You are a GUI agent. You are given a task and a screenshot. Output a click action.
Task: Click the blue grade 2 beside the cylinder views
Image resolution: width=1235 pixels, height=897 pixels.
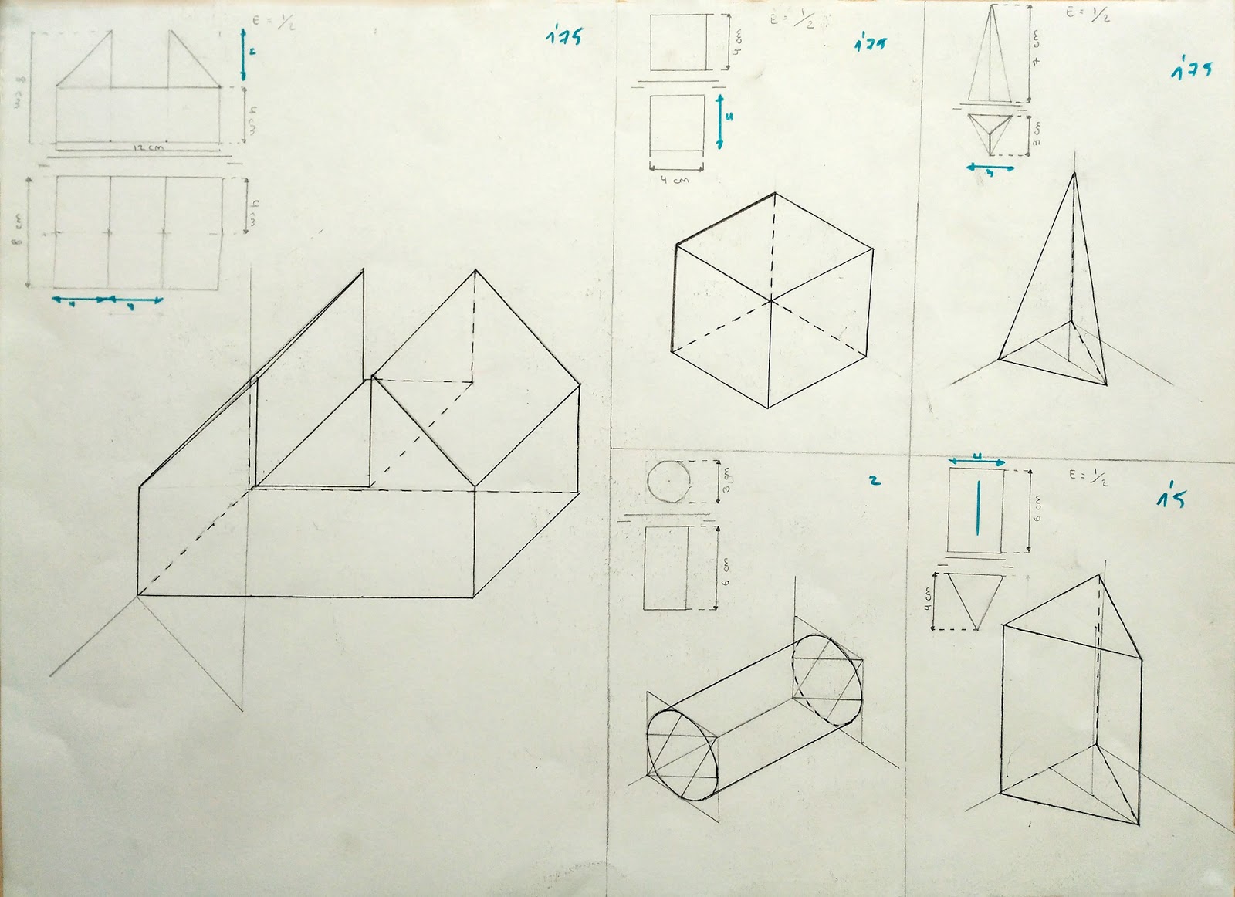pos(874,480)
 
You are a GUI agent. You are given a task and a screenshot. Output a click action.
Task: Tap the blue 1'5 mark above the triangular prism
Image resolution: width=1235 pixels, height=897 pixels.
pos(1170,498)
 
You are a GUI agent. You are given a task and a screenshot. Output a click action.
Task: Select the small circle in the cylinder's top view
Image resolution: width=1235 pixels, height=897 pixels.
pos(668,481)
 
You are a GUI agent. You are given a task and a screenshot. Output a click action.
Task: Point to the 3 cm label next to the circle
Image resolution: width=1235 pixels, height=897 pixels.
pos(726,481)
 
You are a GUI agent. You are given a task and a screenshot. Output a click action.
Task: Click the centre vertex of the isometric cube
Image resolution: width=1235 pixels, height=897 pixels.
pos(771,300)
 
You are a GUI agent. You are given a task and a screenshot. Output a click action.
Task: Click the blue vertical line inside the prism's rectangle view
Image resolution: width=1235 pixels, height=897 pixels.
pos(978,507)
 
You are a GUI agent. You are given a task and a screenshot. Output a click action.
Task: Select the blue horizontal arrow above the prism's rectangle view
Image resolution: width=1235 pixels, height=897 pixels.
pos(976,461)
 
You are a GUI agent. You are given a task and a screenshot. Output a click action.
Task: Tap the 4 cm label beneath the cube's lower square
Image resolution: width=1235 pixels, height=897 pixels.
pos(675,180)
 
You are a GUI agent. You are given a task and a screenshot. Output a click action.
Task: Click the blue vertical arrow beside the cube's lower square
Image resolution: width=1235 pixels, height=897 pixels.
pos(720,120)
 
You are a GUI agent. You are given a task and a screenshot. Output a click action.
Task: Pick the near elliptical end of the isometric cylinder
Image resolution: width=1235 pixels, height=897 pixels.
pos(682,754)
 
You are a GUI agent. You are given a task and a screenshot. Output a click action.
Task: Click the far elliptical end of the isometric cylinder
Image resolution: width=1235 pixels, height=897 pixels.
pos(827,679)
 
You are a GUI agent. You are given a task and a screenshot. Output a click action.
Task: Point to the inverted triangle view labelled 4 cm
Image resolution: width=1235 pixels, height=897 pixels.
pos(973,597)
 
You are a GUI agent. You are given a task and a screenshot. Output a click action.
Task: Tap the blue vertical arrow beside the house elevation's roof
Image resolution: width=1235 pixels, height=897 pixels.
pos(243,54)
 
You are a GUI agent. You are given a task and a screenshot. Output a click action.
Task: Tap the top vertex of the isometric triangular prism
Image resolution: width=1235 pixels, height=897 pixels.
pos(1100,576)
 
